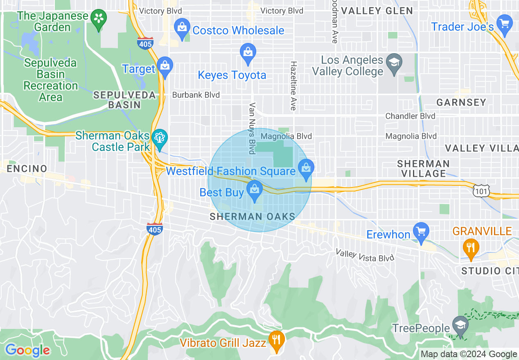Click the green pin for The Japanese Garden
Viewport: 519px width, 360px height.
pos(99,19)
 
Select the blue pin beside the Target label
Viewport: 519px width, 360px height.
pos(165,67)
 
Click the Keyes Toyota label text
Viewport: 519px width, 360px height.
pos(232,75)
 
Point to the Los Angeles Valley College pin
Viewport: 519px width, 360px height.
pos(394,63)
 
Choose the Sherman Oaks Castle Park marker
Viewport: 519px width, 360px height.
pos(159,137)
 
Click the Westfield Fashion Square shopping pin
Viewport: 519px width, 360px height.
pos(305,168)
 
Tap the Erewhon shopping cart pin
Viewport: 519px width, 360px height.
pos(421,231)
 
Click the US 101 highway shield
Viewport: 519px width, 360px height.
pos(480,191)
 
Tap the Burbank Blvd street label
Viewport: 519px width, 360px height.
pos(196,95)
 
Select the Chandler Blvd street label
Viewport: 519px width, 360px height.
pos(410,116)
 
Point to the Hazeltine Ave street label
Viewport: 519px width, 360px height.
pos(293,86)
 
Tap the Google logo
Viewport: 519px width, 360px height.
pos(27,350)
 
